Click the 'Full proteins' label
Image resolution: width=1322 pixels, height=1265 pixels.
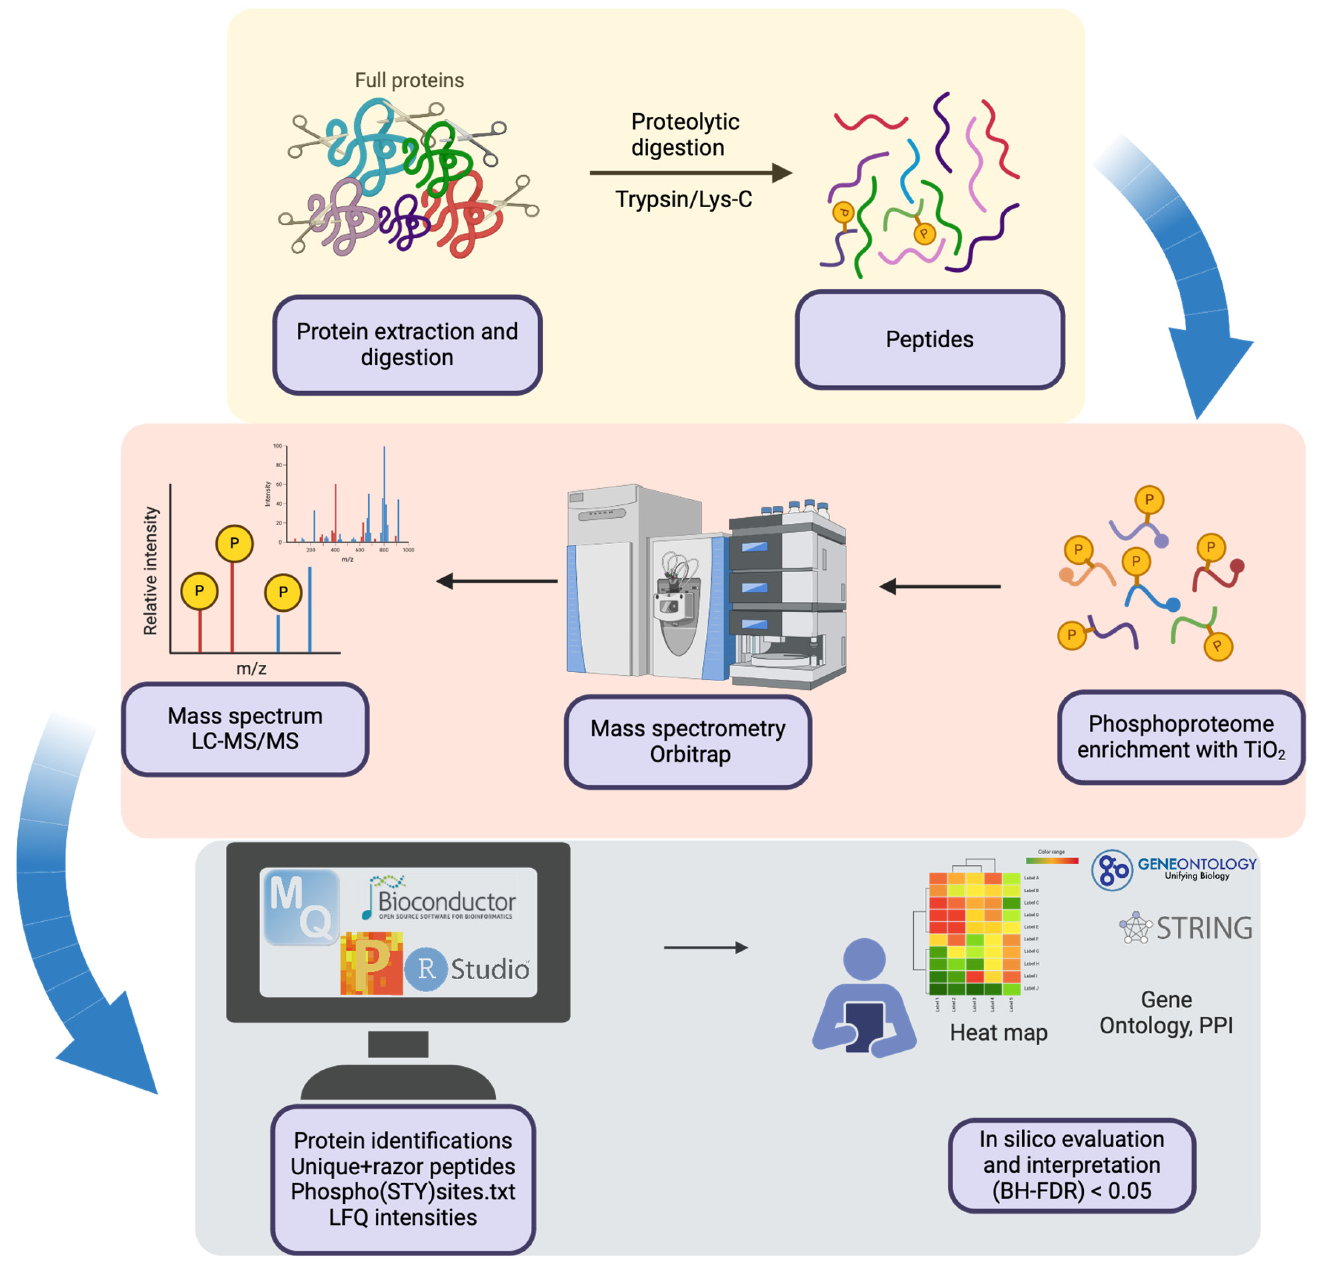(x=409, y=80)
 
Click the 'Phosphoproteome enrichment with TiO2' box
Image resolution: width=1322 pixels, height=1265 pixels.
(x=1180, y=737)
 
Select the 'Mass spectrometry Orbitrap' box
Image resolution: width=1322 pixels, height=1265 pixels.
(x=687, y=741)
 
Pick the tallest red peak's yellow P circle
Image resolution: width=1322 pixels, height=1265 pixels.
(x=234, y=543)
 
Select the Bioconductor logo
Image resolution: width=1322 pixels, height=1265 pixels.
(x=441, y=898)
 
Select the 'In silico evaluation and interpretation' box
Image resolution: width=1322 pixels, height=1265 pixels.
(x=1071, y=1164)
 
